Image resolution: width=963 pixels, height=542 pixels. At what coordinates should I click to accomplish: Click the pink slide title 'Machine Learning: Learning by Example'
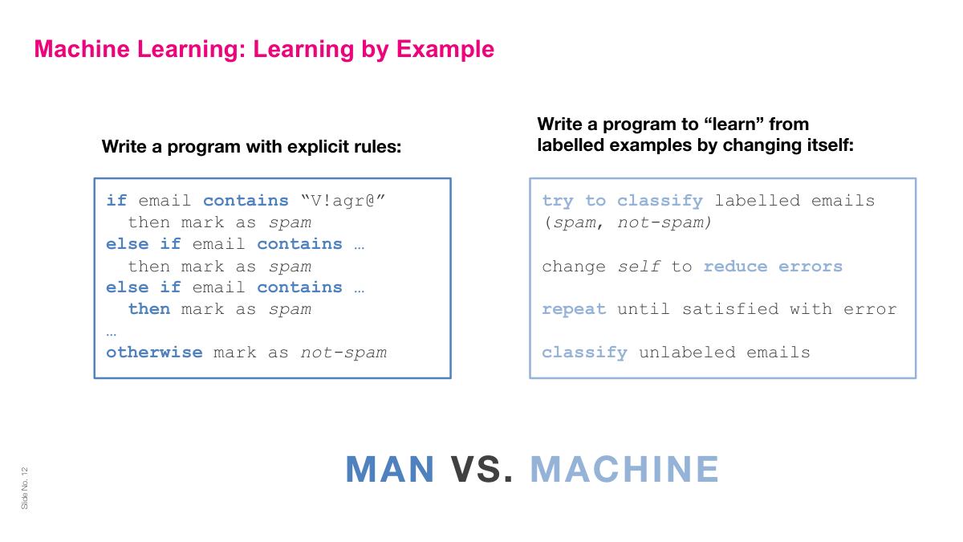(x=264, y=50)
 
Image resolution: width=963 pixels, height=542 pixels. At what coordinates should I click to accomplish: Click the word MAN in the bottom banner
(x=390, y=470)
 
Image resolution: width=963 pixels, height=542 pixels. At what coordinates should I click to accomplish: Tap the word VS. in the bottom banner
(x=481, y=470)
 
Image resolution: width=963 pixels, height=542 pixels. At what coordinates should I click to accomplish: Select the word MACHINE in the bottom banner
(x=624, y=470)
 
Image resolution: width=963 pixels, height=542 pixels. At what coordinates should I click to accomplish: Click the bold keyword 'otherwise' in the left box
(x=154, y=353)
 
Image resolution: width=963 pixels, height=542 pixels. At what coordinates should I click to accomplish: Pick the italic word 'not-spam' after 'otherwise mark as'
(x=343, y=353)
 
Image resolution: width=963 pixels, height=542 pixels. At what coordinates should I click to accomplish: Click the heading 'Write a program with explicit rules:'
(x=250, y=148)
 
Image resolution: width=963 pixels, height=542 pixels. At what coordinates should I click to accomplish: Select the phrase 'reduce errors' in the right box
(x=773, y=267)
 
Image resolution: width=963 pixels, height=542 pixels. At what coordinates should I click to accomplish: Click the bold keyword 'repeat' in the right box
(x=574, y=309)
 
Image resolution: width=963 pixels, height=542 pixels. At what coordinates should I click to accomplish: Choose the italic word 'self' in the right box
(x=638, y=267)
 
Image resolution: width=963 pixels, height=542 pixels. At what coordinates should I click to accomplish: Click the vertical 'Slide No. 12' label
(x=24, y=487)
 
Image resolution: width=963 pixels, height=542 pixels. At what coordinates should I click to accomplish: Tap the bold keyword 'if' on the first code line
(x=116, y=201)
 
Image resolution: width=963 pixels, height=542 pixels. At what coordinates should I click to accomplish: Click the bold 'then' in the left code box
(x=149, y=309)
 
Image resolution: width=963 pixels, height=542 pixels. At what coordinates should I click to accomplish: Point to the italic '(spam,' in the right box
(x=574, y=222)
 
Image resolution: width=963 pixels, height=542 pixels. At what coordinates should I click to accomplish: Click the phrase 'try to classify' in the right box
(x=622, y=201)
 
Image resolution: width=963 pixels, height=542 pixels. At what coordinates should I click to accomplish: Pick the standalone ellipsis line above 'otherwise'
(x=112, y=332)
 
